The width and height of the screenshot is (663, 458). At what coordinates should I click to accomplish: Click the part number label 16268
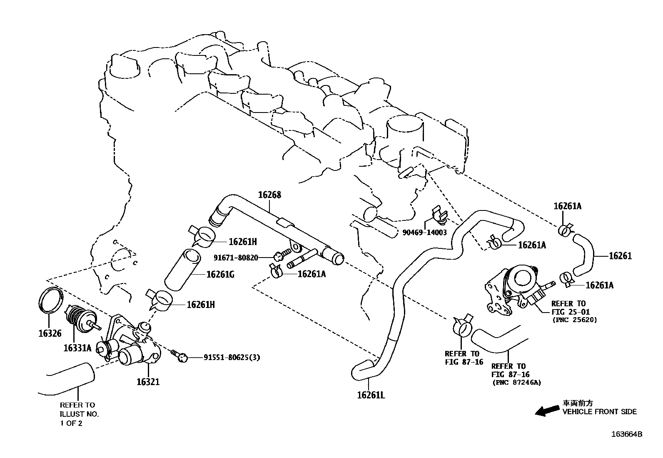pyautogui.click(x=269, y=195)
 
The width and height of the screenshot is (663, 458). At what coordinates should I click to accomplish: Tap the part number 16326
pyautogui.click(x=50, y=333)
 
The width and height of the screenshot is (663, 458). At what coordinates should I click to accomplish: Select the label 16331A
pyautogui.click(x=77, y=348)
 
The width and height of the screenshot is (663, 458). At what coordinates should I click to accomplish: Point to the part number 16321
pyautogui.click(x=148, y=382)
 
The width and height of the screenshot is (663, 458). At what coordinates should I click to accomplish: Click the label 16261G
pyautogui.click(x=220, y=274)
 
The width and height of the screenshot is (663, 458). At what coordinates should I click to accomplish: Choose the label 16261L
pyautogui.click(x=371, y=395)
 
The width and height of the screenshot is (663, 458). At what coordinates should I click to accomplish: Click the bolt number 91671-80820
pyautogui.click(x=236, y=258)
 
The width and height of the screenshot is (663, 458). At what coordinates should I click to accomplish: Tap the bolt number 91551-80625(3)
pyautogui.click(x=232, y=358)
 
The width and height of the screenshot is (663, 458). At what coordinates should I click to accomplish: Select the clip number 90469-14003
pyautogui.click(x=424, y=233)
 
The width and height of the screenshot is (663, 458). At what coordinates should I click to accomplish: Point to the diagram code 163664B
pyautogui.click(x=627, y=434)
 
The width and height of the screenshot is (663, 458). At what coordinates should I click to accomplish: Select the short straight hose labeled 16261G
pyautogui.click(x=182, y=270)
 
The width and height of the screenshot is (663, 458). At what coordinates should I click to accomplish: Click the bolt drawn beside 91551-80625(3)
pyautogui.click(x=179, y=355)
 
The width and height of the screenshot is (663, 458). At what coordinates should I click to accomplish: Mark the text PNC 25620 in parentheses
pyautogui.click(x=574, y=320)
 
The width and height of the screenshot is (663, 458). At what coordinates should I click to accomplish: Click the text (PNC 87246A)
pyautogui.click(x=517, y=383)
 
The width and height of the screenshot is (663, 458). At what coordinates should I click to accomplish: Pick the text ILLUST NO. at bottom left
pyautogui.click(x=79, y=414)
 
